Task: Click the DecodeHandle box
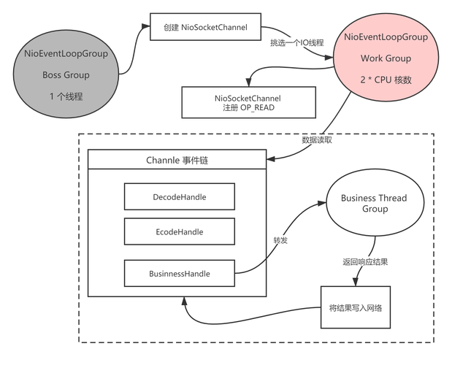(179, 197)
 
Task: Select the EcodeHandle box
(179, 232)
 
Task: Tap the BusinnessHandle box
(179, 274)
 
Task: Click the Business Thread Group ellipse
(374, 204)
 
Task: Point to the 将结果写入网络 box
(356, 307)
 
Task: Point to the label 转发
(280, 240)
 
